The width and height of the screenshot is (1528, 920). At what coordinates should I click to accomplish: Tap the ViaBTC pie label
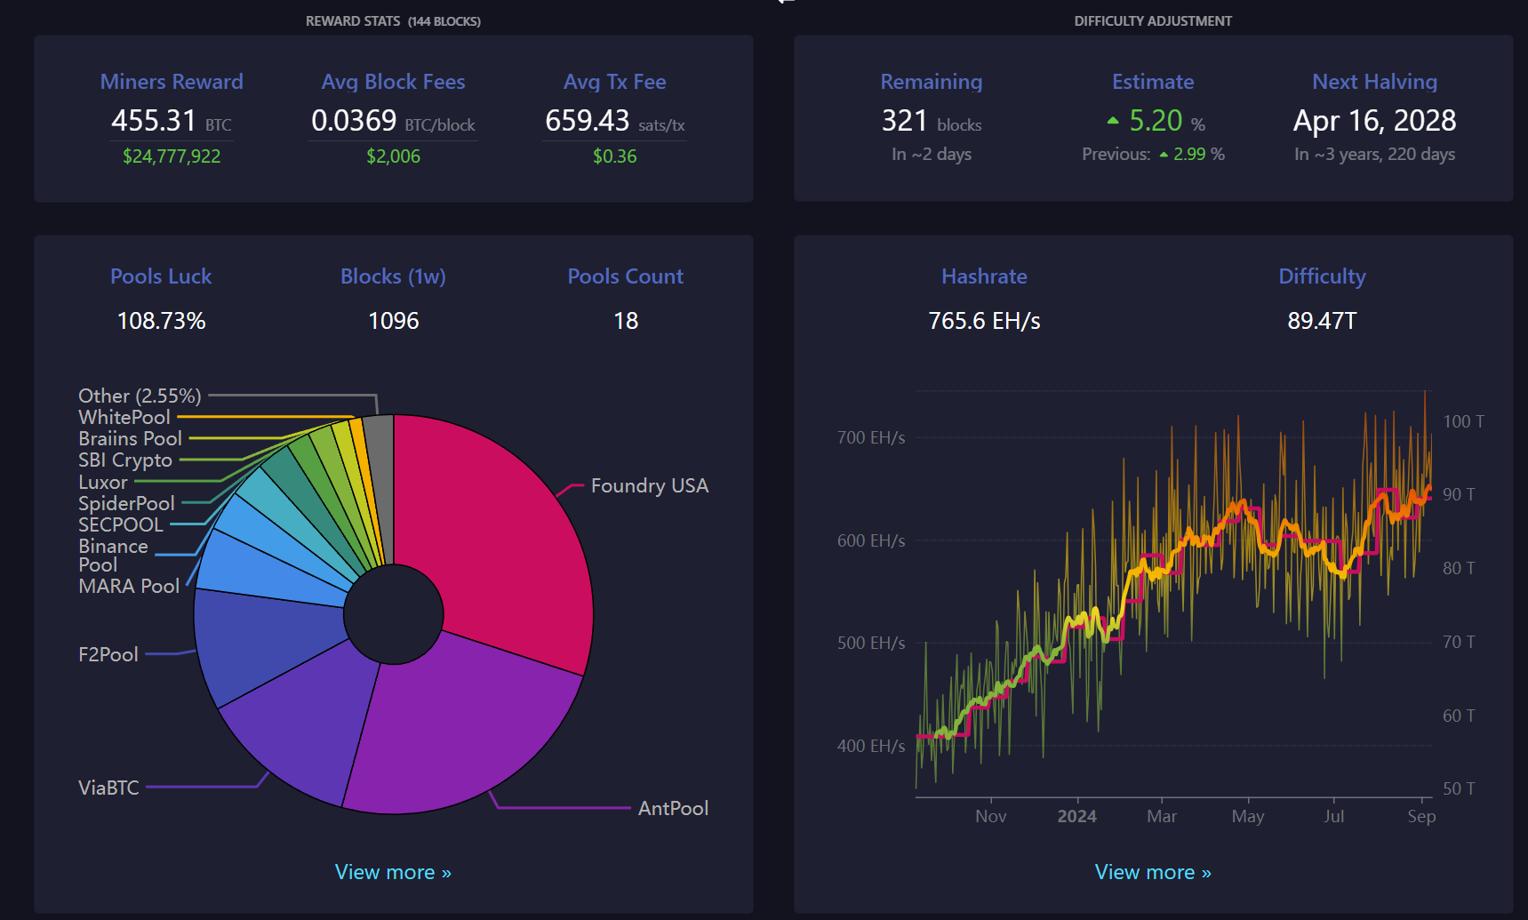click(108, 788)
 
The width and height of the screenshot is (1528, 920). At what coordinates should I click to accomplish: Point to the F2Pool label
click(108, 655)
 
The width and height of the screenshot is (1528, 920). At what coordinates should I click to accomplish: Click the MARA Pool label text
click(129, 587)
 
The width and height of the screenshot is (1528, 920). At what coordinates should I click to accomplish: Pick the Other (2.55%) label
click(140, 396)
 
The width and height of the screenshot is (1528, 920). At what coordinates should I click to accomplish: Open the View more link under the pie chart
click(393, 872)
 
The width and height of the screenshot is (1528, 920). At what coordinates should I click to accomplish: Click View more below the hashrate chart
click(1153, 872)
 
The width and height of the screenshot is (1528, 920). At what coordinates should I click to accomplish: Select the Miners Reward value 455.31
click(154, 120)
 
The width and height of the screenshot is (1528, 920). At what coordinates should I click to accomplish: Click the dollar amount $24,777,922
click(172, 156)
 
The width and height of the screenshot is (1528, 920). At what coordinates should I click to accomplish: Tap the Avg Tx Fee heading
click(615, 82)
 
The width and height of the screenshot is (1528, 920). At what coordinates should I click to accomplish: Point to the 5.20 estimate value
click(1156, 120)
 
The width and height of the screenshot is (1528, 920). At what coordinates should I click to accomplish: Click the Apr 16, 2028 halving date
click(1375, 120)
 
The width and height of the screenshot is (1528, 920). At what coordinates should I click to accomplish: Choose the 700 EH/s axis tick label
click(871, 437)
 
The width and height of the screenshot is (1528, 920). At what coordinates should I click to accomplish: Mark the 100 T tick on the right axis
click(1463, 421)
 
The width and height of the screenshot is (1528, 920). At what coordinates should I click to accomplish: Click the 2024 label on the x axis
click(1076, 816)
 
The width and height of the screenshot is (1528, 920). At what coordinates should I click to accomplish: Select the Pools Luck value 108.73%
click(161, 321)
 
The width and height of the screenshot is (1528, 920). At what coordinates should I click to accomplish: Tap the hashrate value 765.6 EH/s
click(984, 321)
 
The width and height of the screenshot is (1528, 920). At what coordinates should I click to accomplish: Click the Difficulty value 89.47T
click(1322, 321)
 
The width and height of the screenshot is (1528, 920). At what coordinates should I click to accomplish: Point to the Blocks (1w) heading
click(393, 276)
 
